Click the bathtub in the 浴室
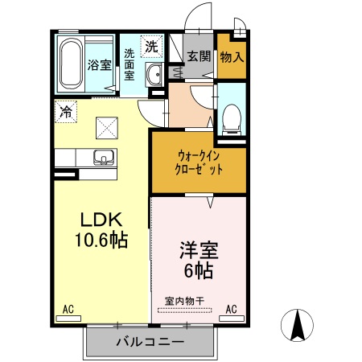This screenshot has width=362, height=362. pos(70,64)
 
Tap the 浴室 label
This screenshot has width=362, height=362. pos(99,65)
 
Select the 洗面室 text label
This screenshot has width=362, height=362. pos(129,65)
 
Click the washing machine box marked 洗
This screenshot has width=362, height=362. pos(151,47)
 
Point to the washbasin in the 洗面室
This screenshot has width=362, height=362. pos(155,76)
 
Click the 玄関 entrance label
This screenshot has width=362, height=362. pos(199,56)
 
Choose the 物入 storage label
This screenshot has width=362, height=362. pos(232,57)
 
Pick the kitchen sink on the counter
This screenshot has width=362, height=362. pos(103,156)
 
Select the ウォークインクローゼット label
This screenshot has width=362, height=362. pos(199,162)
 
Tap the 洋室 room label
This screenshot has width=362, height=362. pos(197,249)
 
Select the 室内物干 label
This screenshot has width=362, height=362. pos(185,302)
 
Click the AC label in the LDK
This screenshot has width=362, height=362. pos(68,308)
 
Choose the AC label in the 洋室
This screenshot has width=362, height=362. pos(231,308)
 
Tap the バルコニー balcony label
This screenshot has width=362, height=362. pos(150,342)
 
